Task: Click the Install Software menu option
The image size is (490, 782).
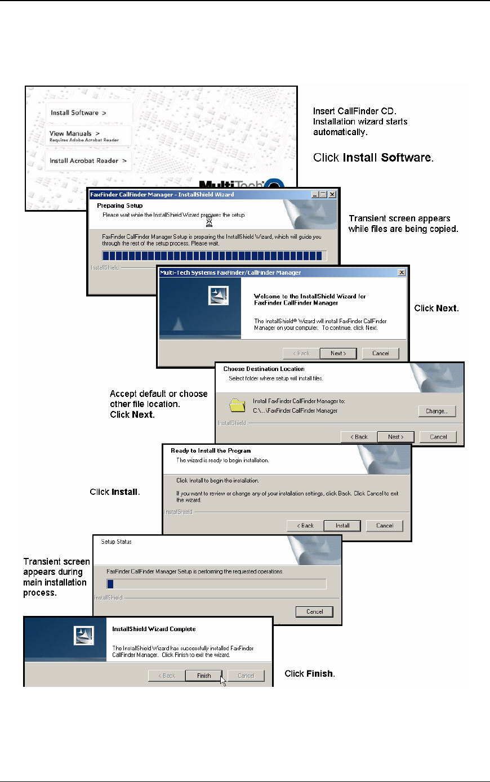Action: point(78,113)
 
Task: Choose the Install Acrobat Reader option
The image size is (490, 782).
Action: point(88,160)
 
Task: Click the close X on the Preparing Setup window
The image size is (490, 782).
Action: point(332,194)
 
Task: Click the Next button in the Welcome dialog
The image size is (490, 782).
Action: point(338,353)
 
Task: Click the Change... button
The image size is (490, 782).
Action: point(436,411)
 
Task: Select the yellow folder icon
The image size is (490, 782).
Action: point(238,405)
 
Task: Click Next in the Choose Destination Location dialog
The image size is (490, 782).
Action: point(396,436)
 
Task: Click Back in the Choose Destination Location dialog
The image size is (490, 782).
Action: point(359,436)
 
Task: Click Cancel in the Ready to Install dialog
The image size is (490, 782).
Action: point(385,525)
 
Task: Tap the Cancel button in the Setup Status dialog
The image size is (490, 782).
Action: point(315,611)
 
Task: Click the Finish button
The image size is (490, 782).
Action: point(204,676)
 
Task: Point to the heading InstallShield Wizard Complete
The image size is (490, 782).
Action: point(154,629)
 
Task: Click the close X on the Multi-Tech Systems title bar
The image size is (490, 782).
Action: point(402,272)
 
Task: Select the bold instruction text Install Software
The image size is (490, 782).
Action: point(387,158)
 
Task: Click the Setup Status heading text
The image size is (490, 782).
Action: point(116,542)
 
